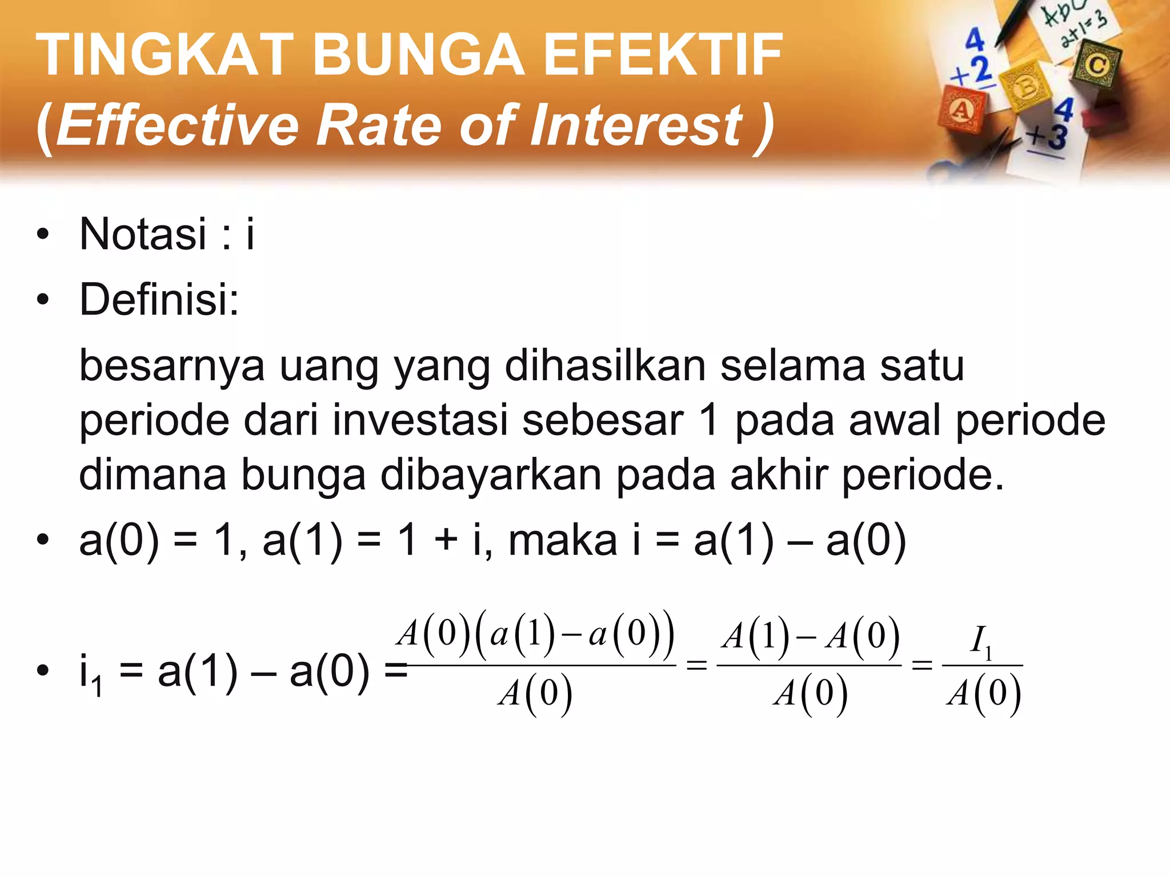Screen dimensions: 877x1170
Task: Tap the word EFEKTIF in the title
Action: [663, 55]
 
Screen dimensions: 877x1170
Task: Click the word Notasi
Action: [143, 234]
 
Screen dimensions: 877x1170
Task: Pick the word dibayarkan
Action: [491, 475]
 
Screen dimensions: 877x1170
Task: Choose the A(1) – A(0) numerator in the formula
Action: [810, 636]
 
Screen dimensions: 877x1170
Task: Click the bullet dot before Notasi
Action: [42, 235]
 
